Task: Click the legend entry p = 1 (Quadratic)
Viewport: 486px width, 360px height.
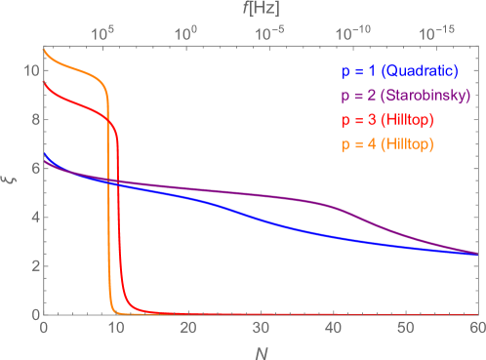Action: (x=404, y=71)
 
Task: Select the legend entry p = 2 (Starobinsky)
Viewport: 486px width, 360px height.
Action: (x=404, y=96)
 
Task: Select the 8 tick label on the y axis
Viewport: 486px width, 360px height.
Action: (x=33, y=120)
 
